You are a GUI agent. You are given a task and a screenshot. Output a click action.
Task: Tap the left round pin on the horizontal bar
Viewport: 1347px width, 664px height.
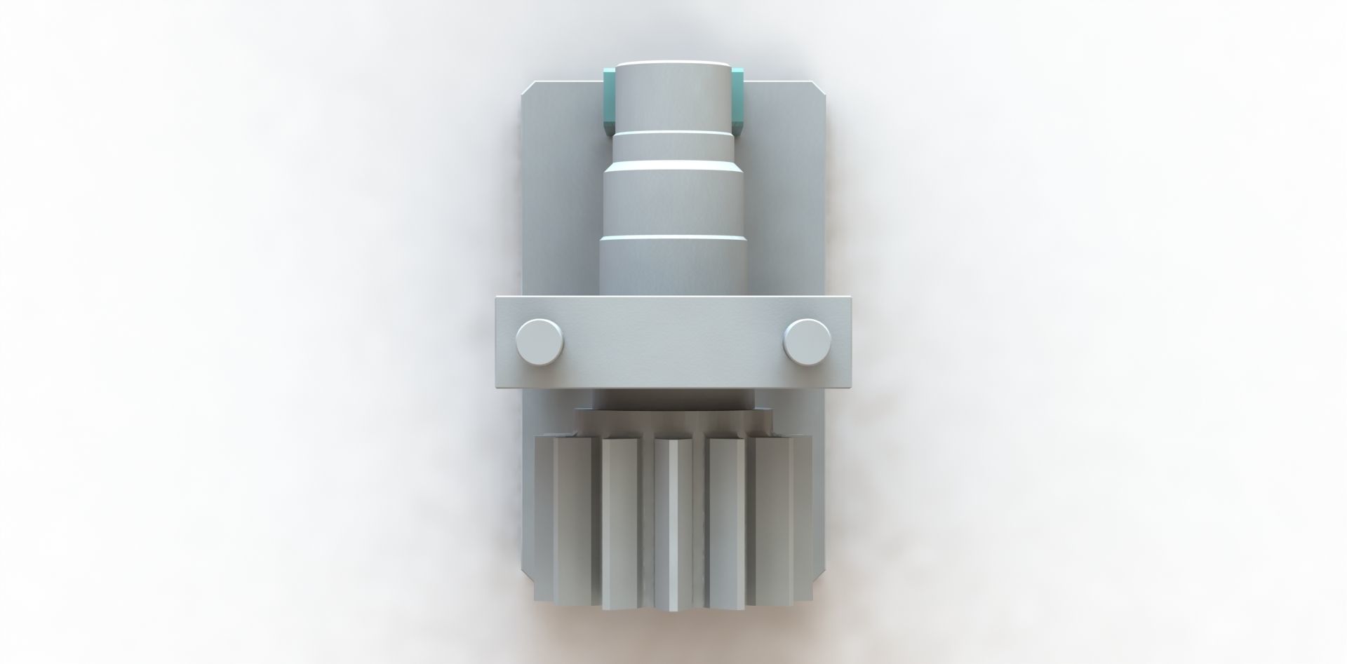point(539,341)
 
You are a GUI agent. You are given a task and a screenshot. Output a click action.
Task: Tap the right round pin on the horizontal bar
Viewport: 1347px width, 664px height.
point(807,341)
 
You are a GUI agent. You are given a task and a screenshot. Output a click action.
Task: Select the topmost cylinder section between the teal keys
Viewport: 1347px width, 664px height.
point(673,95)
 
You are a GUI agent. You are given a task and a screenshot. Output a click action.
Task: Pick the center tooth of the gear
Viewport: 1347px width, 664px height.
point(672,526)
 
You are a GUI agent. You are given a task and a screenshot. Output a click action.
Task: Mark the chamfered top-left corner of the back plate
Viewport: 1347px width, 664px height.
point(530,88)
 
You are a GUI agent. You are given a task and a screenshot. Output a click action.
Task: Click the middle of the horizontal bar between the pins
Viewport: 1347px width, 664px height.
point(673,342)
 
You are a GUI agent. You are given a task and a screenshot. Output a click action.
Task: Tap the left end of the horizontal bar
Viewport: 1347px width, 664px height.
point(504,342)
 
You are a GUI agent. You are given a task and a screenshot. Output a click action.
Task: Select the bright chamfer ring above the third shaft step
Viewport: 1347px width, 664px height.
point(673,164)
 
